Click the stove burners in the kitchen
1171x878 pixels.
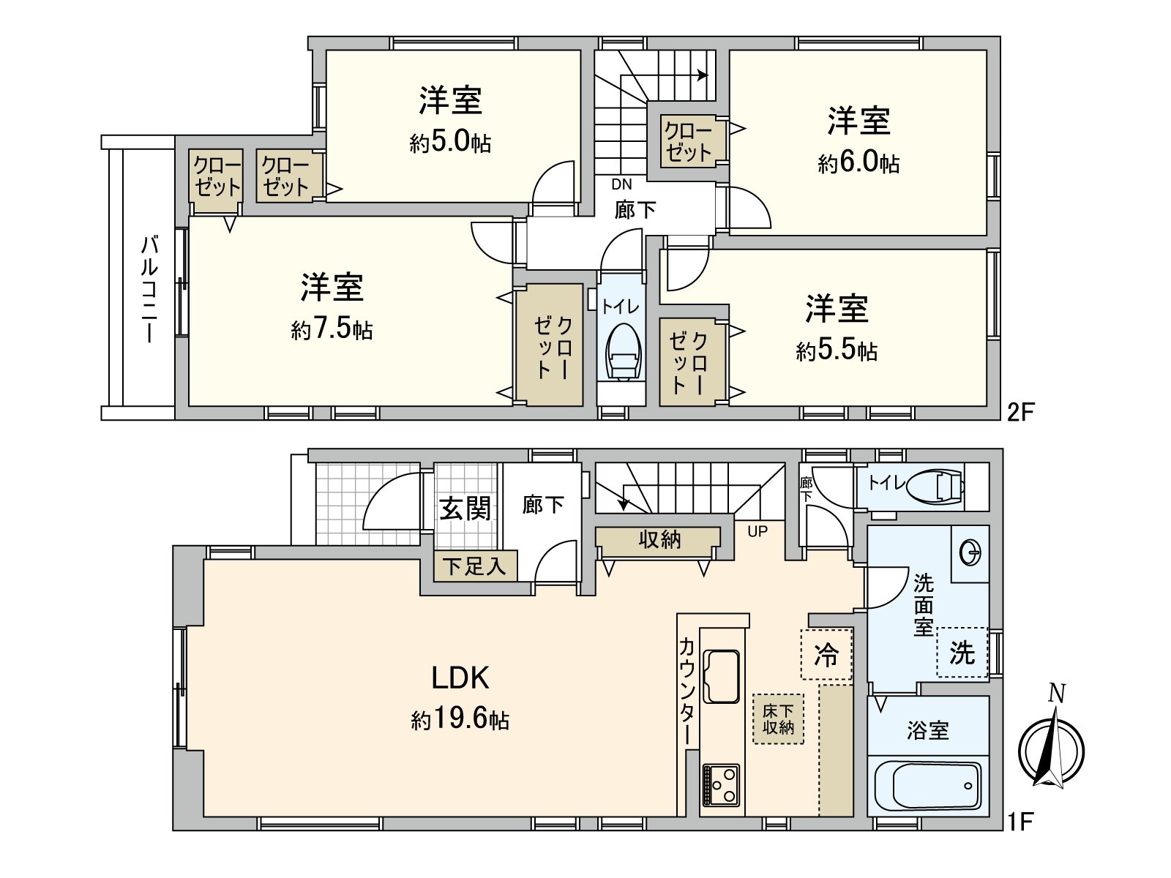pyautogui.click(x=721, y=785)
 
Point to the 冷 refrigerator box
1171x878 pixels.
pyautogui.click(x=827, y=654)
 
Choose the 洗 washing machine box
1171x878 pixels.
pyautogui.click(x=962, y=652)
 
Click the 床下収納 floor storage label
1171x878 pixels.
pyautogui.click(x=779, y=718)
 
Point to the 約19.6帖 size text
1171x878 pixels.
pyautogui.click(x=460, y=720)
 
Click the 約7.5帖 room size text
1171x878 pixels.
pyautogui.click(x=332, y=330)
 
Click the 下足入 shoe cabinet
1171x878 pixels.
pyautogui.click(x=475, y=566)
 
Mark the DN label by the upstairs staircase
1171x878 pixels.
pyautogui.click(x=621, y=185)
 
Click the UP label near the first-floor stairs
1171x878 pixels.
pyautogui.click(x=757, y=532)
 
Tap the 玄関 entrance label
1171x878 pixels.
pyautogui.click(x=465, y=508)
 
